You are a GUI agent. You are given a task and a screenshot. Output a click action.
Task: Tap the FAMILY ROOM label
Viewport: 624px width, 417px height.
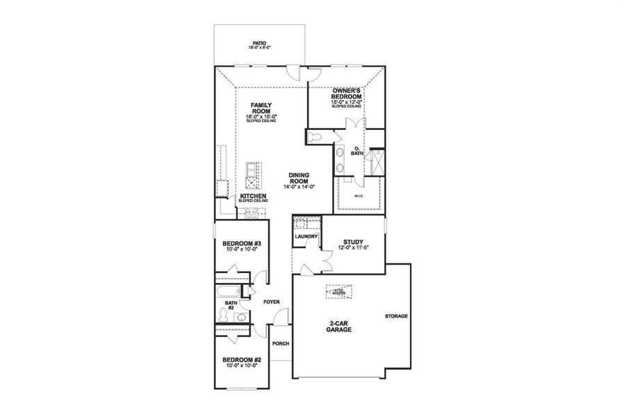click(261, 108)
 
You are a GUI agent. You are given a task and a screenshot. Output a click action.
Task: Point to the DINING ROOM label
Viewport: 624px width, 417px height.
click(299, 179)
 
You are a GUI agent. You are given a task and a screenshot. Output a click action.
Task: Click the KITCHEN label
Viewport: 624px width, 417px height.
click(253, 197)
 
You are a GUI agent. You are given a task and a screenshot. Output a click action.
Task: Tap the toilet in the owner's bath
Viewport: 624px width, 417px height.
click(315, 136)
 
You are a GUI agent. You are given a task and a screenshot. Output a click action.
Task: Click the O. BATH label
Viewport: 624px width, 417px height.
click(357, 152)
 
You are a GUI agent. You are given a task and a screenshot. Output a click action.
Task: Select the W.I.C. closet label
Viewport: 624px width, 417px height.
click(359, 195)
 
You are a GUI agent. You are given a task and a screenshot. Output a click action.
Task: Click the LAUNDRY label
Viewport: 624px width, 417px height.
click(306, 237)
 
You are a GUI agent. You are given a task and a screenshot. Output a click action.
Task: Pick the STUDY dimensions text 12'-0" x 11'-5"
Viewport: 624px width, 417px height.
click(354, 247)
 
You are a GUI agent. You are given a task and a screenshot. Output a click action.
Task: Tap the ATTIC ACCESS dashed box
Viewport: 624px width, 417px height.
click(339, 293)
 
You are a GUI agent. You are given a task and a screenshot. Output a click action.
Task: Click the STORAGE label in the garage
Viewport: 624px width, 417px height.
click(396, 316)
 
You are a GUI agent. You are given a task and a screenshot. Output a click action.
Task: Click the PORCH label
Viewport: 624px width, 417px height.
click(280, 344)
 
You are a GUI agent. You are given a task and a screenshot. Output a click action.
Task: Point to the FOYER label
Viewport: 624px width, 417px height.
click(270, 302)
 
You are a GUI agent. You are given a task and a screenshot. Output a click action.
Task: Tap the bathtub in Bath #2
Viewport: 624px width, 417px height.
click(229, 291)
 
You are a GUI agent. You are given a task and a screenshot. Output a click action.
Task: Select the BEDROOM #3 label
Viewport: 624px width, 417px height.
click(241, 244)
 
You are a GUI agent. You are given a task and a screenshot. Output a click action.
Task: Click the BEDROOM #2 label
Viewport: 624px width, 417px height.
click(241, 361)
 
